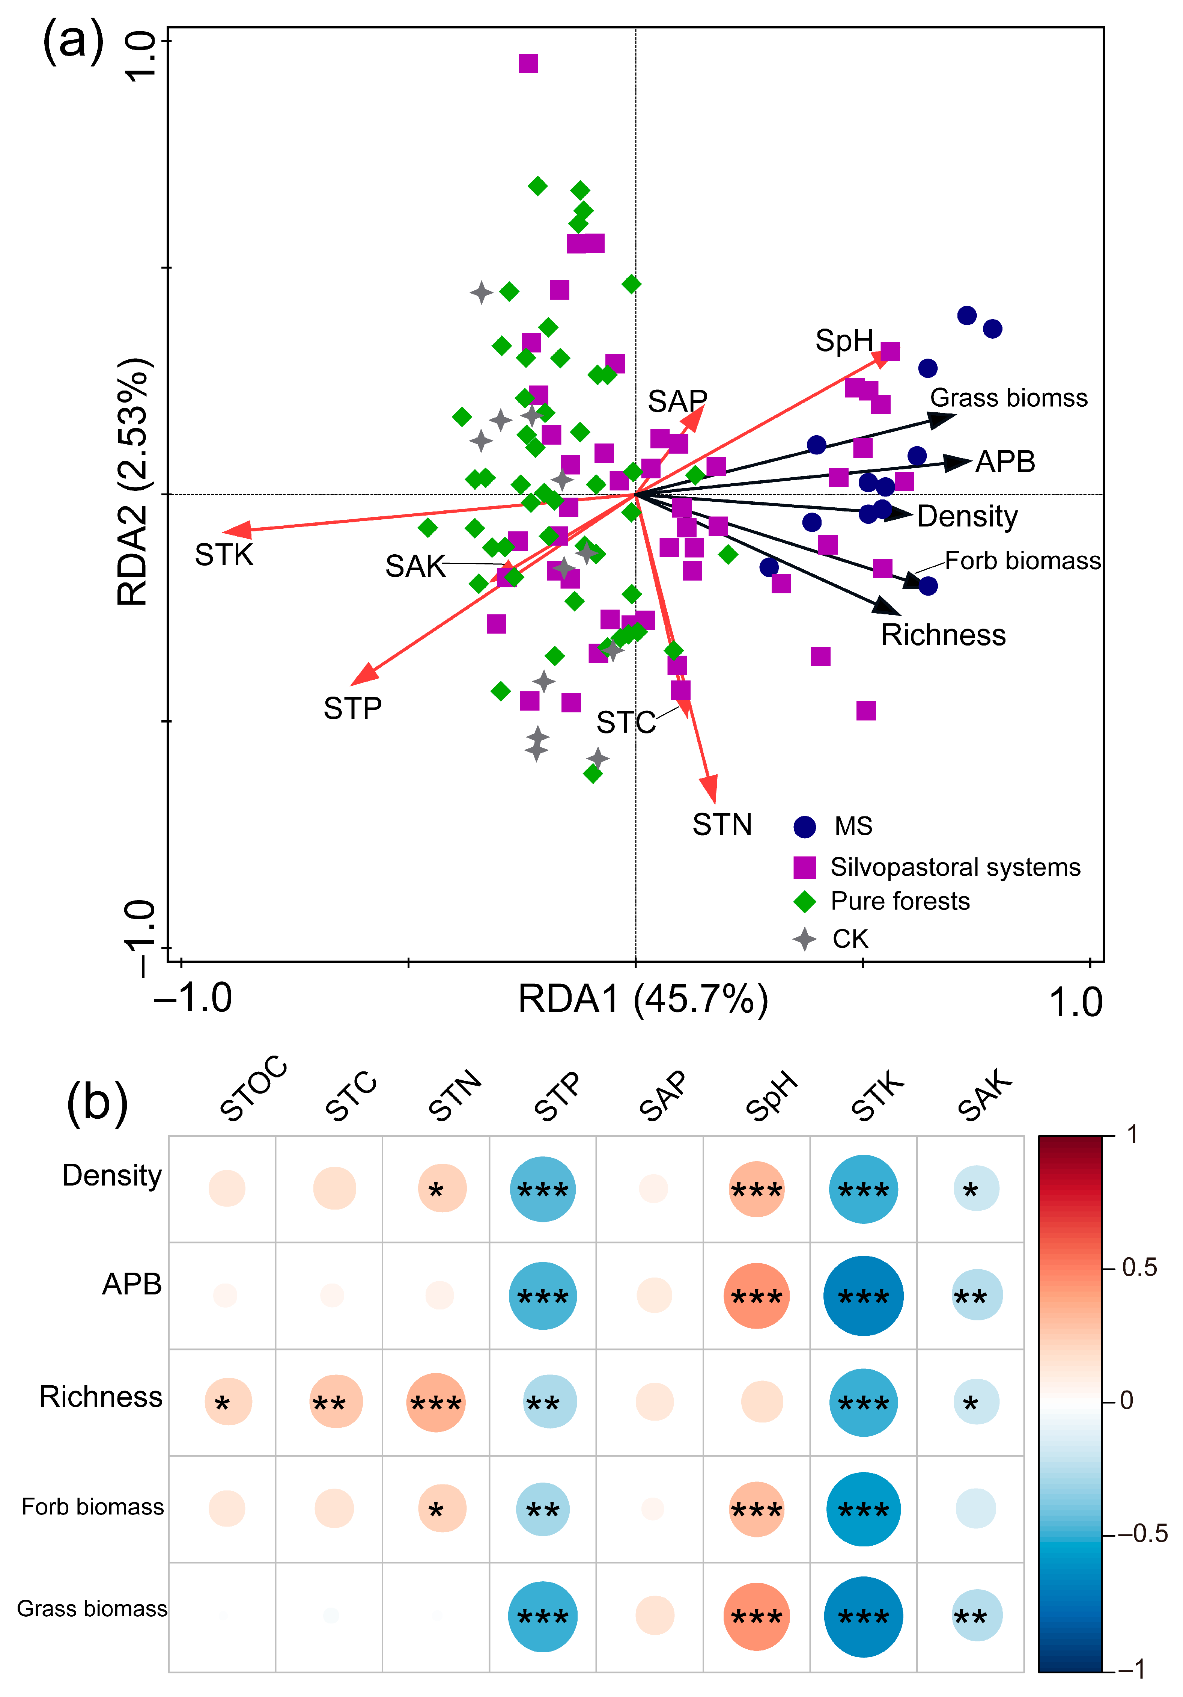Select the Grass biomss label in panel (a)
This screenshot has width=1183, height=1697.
click(x=1008, y=398)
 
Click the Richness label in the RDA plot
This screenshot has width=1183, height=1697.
click(x=944, y=635)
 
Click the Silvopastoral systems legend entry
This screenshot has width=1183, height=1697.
click(x=937, y=867)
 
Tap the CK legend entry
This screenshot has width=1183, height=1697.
click(x=831, y=939)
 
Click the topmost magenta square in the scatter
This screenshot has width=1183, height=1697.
click(x=528, y=63)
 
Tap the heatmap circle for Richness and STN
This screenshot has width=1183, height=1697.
click(x=436, y=1402)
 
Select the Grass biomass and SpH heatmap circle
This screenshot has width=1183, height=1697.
click(x=757, y=1616)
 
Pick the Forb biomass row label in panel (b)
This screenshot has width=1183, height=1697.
click(x=92, y=1507)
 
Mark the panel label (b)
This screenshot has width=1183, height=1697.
click(x=98, y=1103)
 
